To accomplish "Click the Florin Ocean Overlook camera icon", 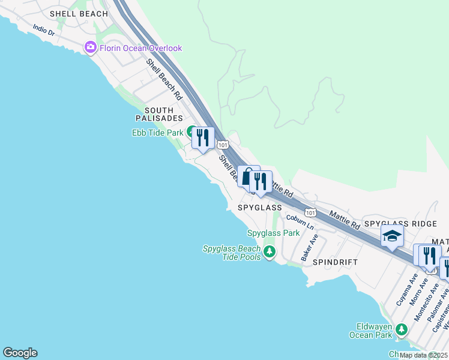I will [91, 47].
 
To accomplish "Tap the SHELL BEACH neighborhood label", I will [79, 13].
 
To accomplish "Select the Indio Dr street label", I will [44, 31].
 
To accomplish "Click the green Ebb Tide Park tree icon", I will [191, 132].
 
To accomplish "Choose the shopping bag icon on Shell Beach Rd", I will [247, 176].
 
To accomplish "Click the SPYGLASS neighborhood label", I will [259, 208].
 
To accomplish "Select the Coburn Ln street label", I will [300, 222].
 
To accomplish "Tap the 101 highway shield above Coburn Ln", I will [310, 212].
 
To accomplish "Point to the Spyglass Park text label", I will [273, 233].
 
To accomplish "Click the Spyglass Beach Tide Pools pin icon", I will [269, 253].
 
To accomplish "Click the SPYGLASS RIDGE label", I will [400, 223].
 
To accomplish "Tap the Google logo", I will [20, 353].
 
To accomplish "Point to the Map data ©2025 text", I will [423, 355].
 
